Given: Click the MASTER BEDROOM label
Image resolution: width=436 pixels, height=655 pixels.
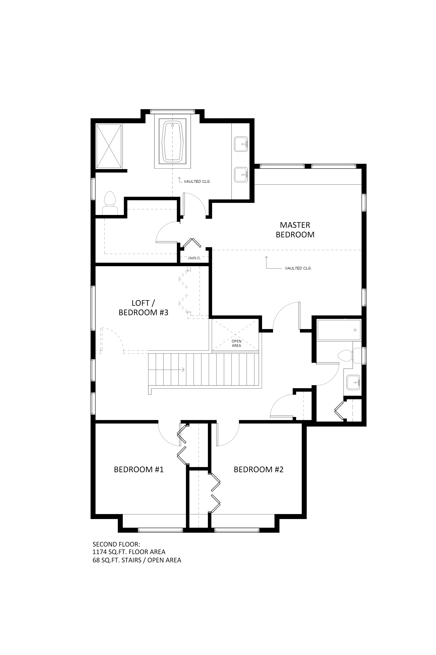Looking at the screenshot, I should (x=295, y=230).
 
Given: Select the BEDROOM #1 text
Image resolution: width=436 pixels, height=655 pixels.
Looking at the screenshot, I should (x=139, y=470).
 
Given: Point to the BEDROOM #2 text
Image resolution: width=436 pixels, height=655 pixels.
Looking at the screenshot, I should (x=258, y=470).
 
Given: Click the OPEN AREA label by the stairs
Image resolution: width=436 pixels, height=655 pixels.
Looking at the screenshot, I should (x=236, y=343).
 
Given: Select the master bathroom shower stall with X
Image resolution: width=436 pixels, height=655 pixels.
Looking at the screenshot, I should (x=109, y=146).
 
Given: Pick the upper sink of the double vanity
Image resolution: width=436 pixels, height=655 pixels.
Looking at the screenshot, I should (x=241, y=144).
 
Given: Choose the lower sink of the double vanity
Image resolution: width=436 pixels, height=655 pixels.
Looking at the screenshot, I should (x=241, y=175).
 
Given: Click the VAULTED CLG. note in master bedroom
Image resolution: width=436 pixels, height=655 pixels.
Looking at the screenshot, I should (x=298, y=268).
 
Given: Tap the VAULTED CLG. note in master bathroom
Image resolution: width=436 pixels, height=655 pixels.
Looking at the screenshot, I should (x=197, y=182).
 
